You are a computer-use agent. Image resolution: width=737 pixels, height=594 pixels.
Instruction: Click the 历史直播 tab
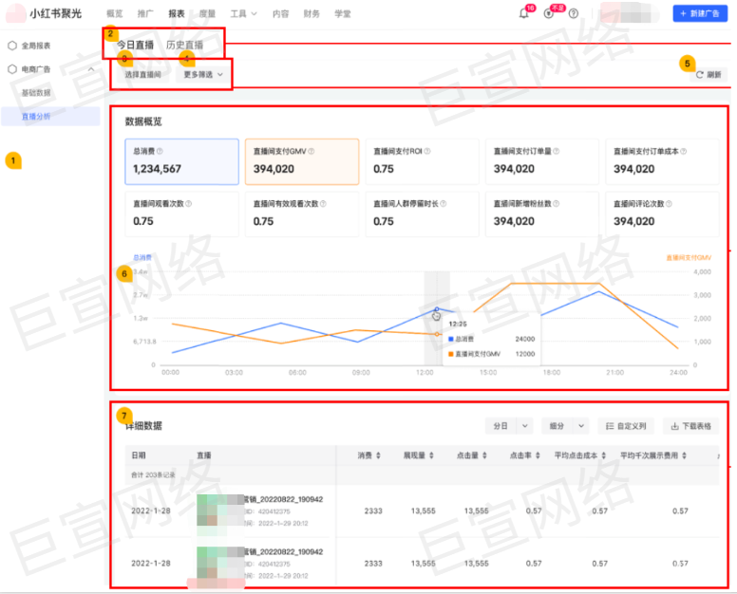(x=183, y=45)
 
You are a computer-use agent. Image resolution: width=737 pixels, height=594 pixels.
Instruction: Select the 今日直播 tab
(x=135, y=45)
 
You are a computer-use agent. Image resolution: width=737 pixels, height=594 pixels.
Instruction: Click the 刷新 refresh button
(x=708, y=74)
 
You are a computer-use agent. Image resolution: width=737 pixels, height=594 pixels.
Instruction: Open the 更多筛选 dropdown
(x=202, y=74)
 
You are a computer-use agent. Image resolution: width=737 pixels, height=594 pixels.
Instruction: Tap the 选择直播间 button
(x=142, y=74)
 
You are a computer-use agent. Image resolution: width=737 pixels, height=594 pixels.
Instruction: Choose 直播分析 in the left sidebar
(x=37, y=116)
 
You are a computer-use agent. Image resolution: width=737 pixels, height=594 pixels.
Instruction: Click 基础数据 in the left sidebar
(x=37, y=93)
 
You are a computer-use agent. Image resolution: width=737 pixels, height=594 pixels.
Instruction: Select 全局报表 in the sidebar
(x=36, y=46)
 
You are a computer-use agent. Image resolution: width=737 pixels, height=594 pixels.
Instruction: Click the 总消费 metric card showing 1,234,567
(x=180, y=161)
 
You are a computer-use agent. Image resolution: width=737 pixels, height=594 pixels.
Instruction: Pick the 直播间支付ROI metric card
(x=420, y=161)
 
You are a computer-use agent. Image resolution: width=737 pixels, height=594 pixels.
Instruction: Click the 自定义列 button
(x=627, y=426)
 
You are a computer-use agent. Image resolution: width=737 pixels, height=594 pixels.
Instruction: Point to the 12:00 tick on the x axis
(x=425, y=373)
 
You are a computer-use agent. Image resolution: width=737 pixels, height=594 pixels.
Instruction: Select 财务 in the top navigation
(x=312, y=14)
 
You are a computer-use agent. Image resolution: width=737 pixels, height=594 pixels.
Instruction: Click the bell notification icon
(x=523, y=13)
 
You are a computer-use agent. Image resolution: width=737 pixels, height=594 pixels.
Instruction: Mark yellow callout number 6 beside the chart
(x=123, y=273)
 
